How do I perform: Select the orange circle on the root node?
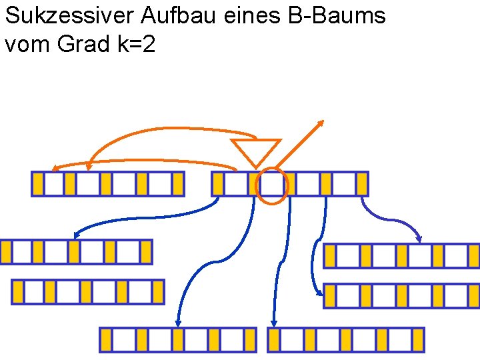272,185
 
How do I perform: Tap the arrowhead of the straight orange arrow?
321,123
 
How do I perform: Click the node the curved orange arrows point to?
107,184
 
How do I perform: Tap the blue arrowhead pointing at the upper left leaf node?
77,235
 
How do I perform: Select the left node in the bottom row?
178,339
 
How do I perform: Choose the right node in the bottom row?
346,339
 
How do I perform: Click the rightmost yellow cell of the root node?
362,184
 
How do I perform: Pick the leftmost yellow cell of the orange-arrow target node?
38,184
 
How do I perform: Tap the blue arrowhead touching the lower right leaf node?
318,291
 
